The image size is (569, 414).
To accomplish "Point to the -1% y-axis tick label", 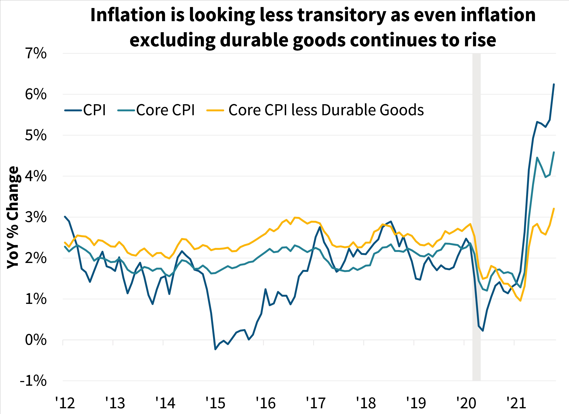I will [x=33, y=381].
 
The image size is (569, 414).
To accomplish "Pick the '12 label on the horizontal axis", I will [x=65, y=403].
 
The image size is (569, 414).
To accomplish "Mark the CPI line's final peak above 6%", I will [x=554, y=84].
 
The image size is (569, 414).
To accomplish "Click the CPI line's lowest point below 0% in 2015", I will [x=215, y=349].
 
